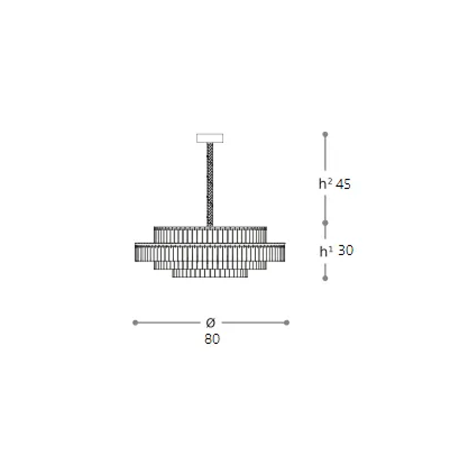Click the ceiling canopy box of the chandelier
[x=210, y=138]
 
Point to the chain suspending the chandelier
[x=210, y=185]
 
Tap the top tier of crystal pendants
[x=210, y=235]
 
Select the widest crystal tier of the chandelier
[x=210, y=252]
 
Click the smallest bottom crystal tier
[x=210, y=273]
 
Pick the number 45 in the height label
[x=343, y=184]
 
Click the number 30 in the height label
[x=345, y=251]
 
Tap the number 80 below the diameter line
[x=212, y=339]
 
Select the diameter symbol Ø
[x=211, y=323]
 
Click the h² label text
[x=325, y=184]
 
